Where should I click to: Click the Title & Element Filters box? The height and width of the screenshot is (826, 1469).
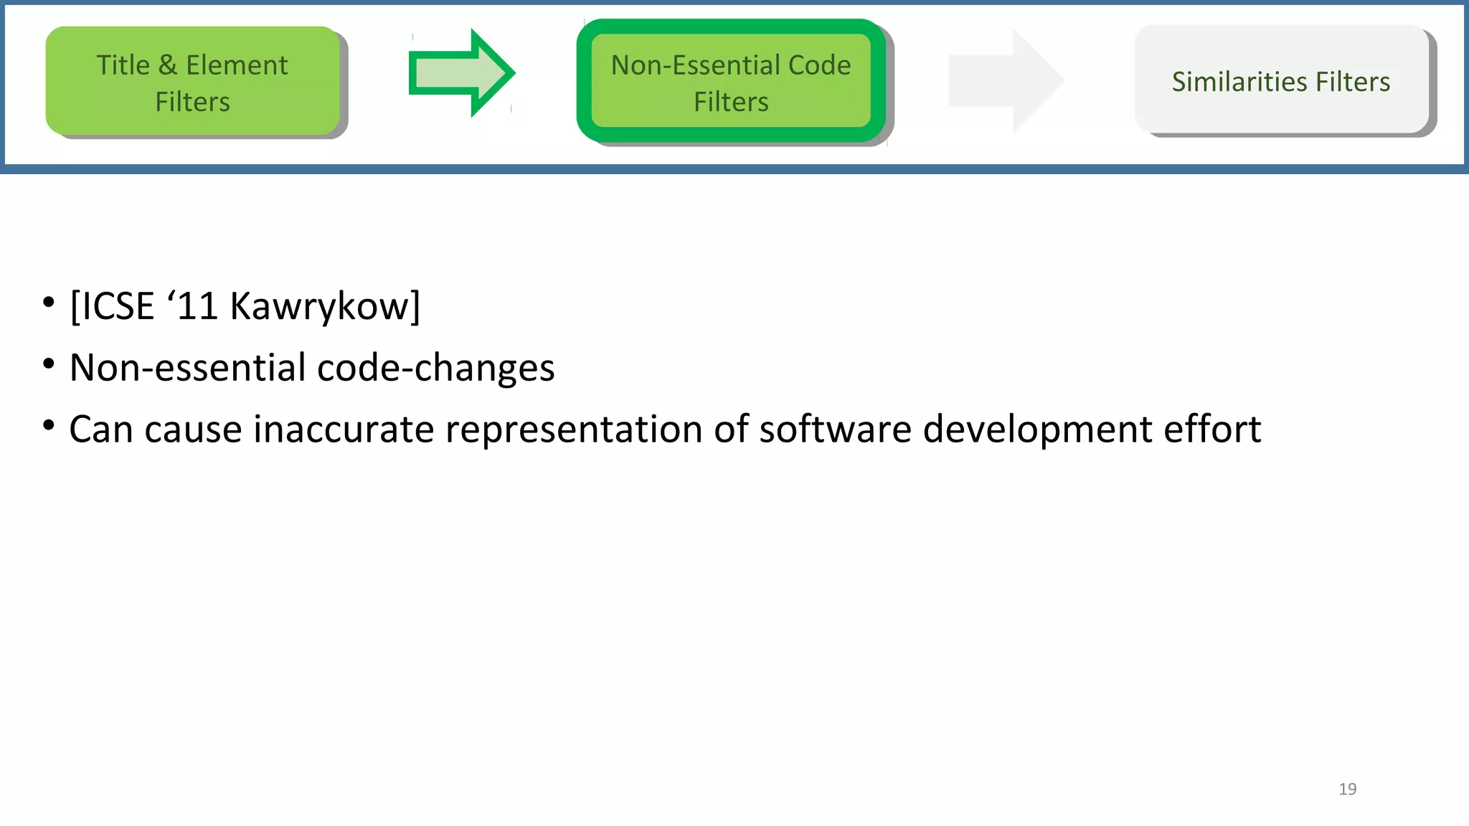[192, 81]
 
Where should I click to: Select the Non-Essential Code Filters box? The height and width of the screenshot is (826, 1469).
[731, 81]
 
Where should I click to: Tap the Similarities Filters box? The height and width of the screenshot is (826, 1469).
[1281, 80]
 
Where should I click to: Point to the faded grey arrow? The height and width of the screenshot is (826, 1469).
[1005, 81]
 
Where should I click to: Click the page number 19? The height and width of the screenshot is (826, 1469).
[1347, 789]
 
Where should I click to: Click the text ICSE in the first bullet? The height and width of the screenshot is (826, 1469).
[118, 307]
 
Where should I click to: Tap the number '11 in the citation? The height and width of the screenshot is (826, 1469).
[192, 307]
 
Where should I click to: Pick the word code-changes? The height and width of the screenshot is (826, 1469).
[435, 368]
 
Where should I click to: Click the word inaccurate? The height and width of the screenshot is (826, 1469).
[344, 429]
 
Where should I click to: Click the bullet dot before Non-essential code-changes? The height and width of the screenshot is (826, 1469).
[48, 364]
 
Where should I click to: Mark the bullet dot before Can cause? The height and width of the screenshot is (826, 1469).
[48, 425]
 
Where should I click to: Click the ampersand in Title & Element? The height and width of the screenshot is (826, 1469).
[167, 65]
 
